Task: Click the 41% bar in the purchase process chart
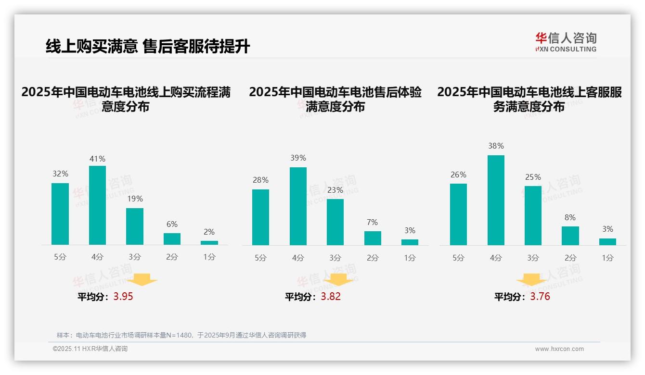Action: click(x=97, y=205)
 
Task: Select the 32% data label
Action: click(x=60, y=174)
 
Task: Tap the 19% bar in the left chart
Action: click(x=135, y=226)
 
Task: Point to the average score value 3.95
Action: click(x=123, y=296)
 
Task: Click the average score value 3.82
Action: click(x=331, y=296)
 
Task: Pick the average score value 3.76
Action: click(x=540, y=296)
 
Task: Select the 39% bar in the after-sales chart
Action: click(x=298, y=206)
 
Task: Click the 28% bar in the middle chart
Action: click(x=260, y=217)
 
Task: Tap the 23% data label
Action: click(x=335, y=190)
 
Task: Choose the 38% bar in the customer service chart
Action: click(x=496, y=200)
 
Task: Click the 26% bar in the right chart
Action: click(x=458, y=214)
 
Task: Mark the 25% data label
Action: click(x=533, y=177)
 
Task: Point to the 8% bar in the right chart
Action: click(x=570, y=236)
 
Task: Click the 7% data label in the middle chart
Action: click(x=372, y=222)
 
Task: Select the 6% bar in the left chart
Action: click(x=172, y=239)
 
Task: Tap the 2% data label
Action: click(x=209, y=232)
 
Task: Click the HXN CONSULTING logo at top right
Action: click(x=566, y=42)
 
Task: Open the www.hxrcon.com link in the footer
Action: click(x=559, y=349)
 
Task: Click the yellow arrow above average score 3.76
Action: click(x=531, y=280)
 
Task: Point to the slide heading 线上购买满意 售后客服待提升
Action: click(x=148, y=46)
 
